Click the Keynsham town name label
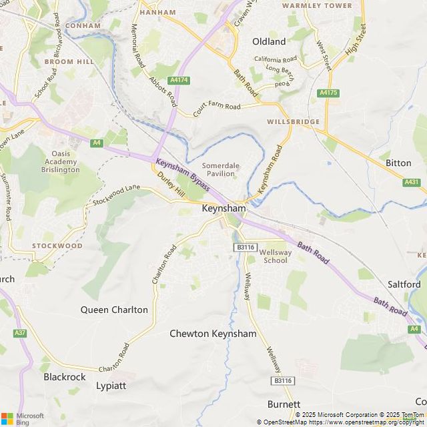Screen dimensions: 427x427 (x=224, y=209)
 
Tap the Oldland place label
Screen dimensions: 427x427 (x=269, y=41)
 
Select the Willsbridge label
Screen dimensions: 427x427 (x=293, y=122)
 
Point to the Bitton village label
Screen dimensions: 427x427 (x=398, y=163)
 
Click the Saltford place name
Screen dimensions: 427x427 (x=404, y=284)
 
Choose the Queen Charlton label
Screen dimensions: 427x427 (x=114, y=310)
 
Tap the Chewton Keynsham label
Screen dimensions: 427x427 (x=213, y=334)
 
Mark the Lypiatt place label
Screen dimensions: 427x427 (x=111, y=386)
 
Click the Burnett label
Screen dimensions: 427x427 (x=284, y=404)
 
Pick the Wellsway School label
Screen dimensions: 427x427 (x=276, y=256)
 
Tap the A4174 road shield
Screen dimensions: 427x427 (x=179, y=80)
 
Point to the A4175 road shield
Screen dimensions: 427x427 (x=328, y=93)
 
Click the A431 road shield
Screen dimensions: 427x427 (x=412, y=182)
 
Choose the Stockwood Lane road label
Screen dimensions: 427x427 (x=117, y=197)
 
